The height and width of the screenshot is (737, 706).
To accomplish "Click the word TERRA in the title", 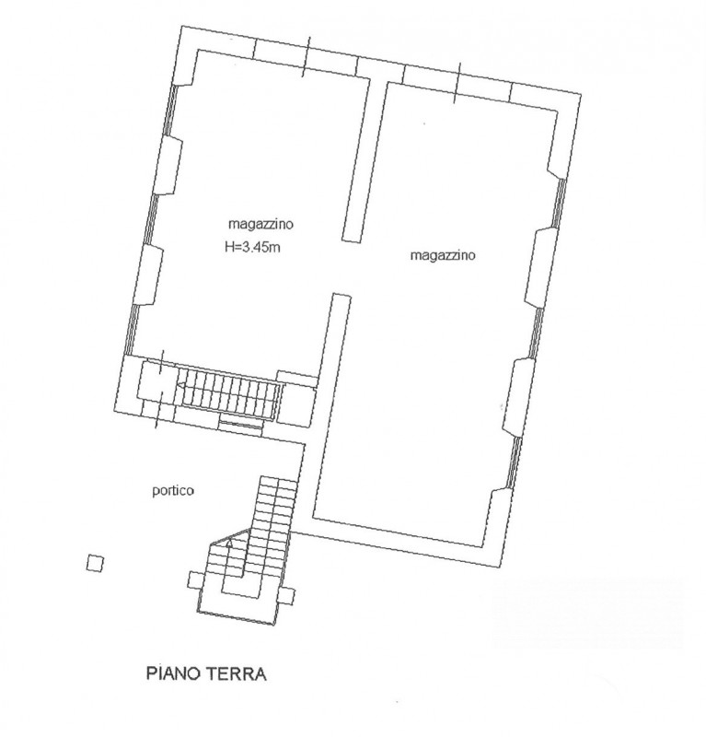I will (237, 674).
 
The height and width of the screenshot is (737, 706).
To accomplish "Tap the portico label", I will (172, 491).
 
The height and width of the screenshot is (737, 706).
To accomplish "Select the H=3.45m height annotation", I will (251, 246).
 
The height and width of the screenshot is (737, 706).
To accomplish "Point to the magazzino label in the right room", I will (442, 257).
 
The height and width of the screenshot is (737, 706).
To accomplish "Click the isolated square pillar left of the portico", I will (93, 563).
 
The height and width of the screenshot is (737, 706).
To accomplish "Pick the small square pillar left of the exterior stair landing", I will (193, 579).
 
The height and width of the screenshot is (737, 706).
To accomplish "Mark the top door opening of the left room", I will (309, 55).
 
